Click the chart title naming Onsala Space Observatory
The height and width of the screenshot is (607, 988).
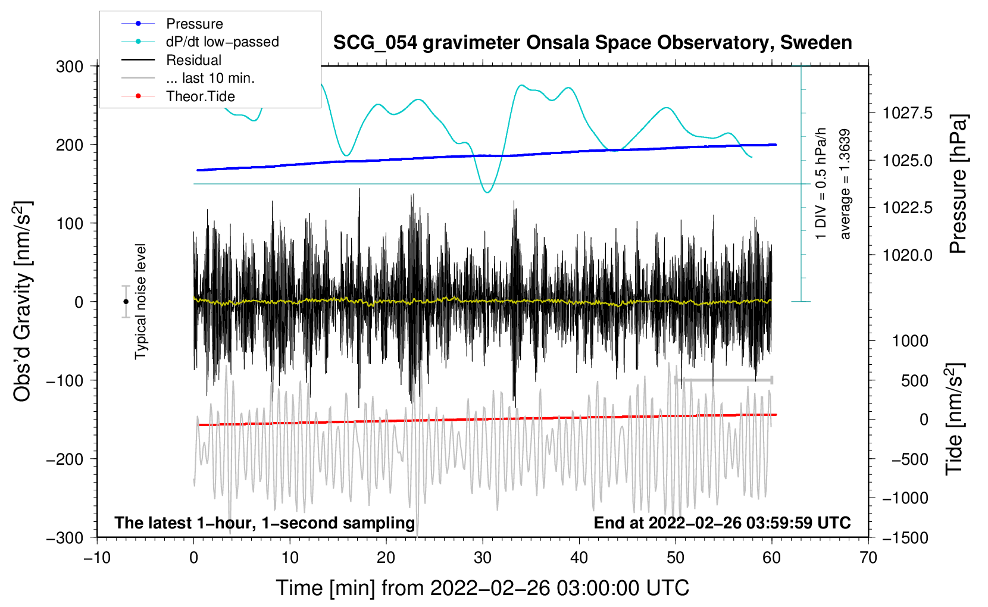click(592, 43)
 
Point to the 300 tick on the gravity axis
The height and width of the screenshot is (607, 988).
click(70, 67)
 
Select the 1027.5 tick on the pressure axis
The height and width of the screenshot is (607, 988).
click(908, 113)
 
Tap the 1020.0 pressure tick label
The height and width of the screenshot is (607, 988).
click(908, 255)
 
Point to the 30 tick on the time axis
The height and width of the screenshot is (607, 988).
click(483, 558)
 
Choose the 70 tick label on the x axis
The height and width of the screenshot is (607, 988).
click(868, 558)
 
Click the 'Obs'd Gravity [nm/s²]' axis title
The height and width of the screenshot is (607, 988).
click(23, 301)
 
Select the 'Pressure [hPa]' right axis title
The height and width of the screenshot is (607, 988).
click(958, 184)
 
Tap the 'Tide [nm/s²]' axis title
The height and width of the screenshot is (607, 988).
click(955, 419)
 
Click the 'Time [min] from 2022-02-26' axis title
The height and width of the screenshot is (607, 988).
click(483, 588)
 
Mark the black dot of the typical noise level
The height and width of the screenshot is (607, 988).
click(126, 302)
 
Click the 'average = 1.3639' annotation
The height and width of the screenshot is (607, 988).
click(845, 184)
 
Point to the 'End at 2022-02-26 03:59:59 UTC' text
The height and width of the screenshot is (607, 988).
click(722, 522)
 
